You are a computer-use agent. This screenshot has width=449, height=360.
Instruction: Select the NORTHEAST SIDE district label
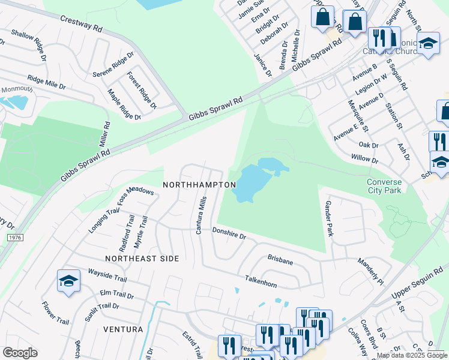(142, 259)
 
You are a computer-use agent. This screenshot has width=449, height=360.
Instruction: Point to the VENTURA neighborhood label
(123, 329)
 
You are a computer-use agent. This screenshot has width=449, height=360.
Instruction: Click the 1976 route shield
(16, 238)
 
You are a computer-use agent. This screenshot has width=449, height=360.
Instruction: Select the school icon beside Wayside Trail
(68, 281)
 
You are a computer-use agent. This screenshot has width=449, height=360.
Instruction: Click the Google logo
(20, 353)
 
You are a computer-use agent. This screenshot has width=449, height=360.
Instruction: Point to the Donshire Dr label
(229, 233)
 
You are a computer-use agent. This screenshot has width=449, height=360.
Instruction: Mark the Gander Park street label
(328, 218)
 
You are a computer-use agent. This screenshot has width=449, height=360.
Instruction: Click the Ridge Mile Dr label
(46, 82)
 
